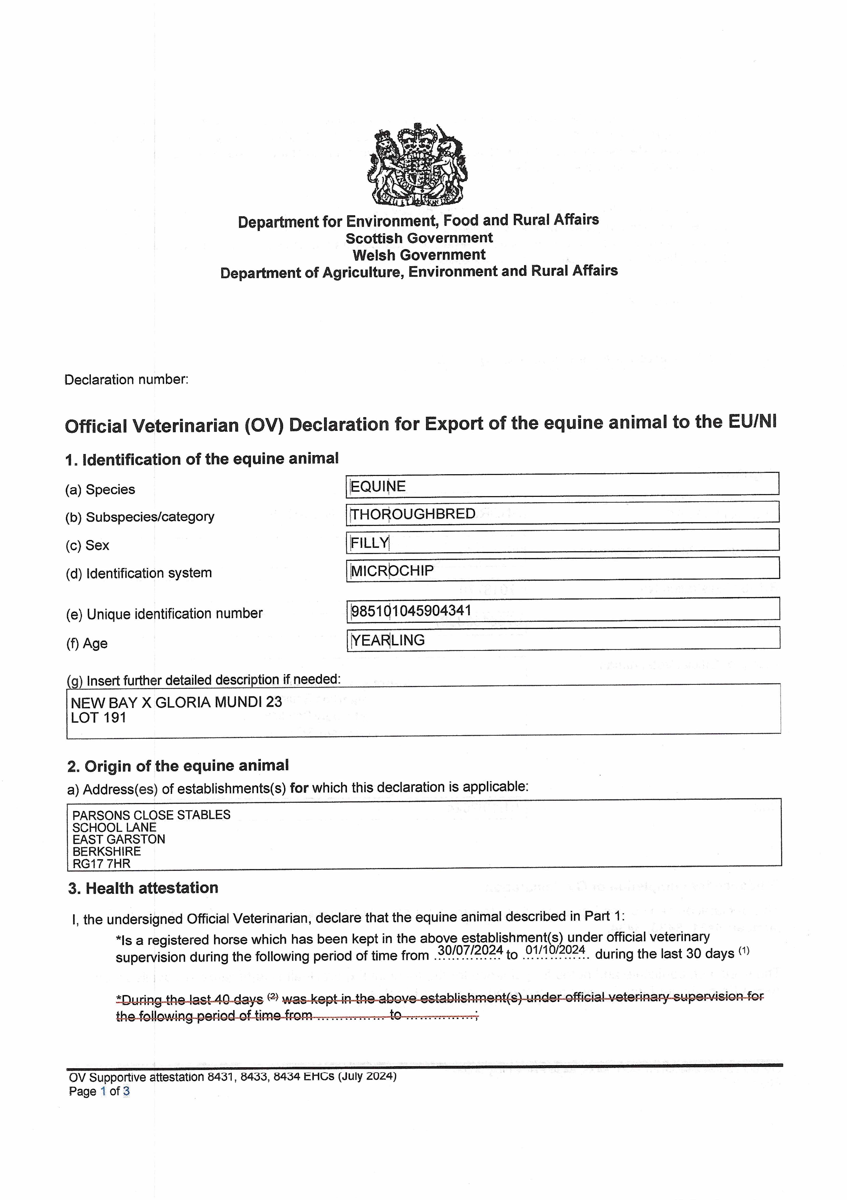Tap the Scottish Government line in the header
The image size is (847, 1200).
click(x=419, y=238)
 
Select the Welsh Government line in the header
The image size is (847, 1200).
click(x=419, y=255)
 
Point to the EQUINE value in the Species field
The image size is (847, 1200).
click(x=378, y=486)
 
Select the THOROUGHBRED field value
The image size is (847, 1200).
click(x=413, y=514)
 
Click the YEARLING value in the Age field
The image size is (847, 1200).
click(x=387, y=640)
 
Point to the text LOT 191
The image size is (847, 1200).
click(x=99, y=718)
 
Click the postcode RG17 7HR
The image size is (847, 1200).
click(x=101, y=864)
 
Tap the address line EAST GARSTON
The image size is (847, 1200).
click(x=118, y=839)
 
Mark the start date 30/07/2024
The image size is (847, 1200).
click(x=470, y=951)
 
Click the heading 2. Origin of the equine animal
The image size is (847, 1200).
click(x=178, y=766)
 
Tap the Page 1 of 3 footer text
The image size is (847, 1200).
click(x=99, y=1091)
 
